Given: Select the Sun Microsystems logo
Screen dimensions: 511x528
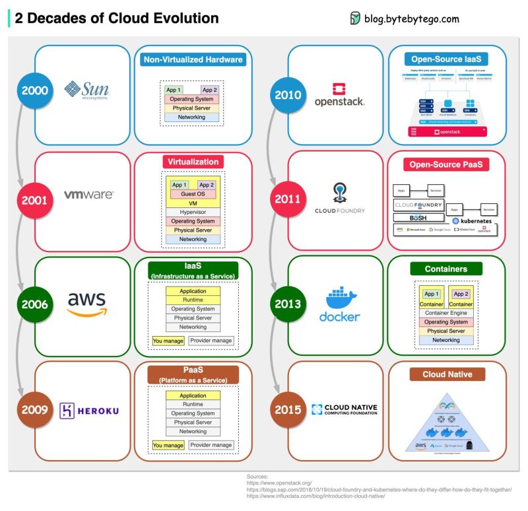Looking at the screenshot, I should click(x=87, y=90).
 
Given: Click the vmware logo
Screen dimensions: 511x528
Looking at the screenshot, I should click(x=88, y=195).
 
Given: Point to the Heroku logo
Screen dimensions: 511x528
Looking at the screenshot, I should click(x=89, y=410).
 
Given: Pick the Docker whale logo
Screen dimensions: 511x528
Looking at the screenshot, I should click(x=339, y=304).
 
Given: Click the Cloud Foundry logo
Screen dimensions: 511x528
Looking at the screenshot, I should click(x=340, y=199).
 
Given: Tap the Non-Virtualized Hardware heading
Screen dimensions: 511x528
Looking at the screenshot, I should click(x=193, y=60).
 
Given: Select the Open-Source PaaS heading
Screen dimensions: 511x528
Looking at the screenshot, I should click(x=446, y=164).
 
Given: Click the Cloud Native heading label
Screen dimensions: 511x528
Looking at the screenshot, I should click(x=447, y=374).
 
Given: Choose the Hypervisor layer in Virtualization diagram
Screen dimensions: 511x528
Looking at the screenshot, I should click(x=193, y=212).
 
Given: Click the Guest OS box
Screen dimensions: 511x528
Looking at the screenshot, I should click(x=193, y=194).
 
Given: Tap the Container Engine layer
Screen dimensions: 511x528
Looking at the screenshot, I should click(x=446, y=313).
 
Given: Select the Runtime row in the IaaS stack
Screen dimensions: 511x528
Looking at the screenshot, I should click(x=193, y=300).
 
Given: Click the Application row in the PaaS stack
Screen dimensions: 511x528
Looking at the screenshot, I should click(x=193, y=395).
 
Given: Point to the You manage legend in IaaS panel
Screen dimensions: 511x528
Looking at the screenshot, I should click(x=168, y=341).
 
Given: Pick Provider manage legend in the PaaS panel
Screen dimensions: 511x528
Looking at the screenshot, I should click(x=211, y=445).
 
